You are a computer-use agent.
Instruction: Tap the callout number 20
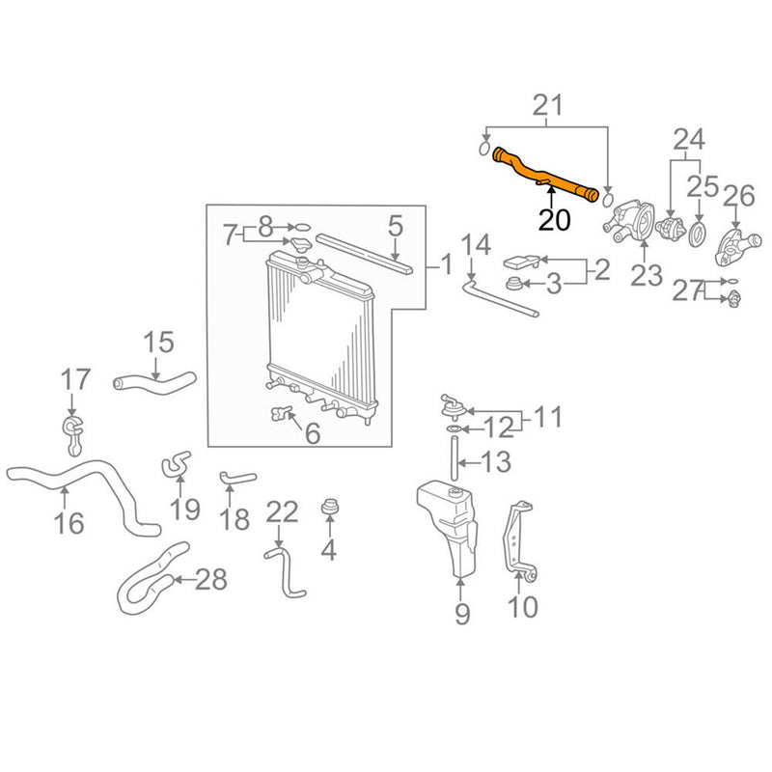(554, 220)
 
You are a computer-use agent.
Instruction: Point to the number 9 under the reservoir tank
(462, 613)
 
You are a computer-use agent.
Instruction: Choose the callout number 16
(69, 523)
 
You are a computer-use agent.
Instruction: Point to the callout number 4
(329, 551)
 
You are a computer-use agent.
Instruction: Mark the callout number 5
(395, 227)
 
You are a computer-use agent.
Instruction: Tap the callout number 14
(477, 245)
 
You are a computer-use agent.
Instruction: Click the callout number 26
(738, 198)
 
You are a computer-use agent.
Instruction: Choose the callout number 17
(74, 380)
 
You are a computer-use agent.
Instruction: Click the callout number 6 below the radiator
(312, 434)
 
